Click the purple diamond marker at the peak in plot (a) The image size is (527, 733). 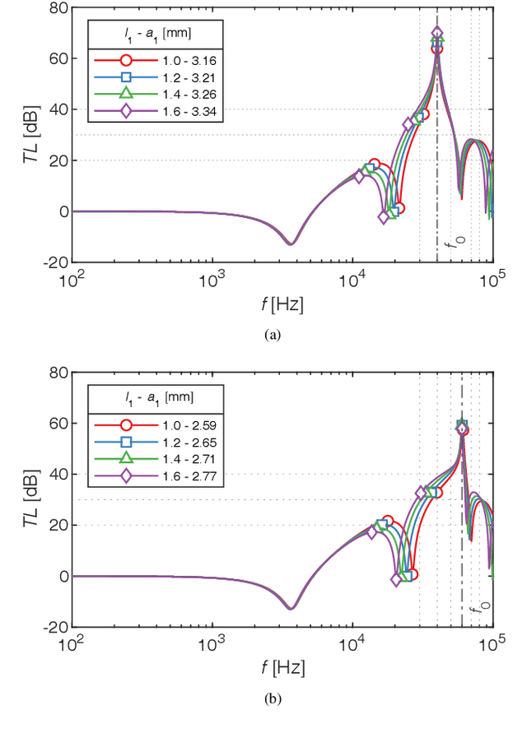pos(437,34)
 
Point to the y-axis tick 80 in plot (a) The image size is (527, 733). pos(57,8)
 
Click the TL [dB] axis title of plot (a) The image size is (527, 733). pos(32,135)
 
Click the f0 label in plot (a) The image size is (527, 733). pos(450,244)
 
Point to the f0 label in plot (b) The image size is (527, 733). pos(474,609)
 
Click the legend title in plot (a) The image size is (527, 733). pos(156,34)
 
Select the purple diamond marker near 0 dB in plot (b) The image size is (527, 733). pos(396,580)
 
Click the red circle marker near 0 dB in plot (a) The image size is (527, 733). pos(399,208)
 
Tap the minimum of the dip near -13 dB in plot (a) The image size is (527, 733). pos(290,244)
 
